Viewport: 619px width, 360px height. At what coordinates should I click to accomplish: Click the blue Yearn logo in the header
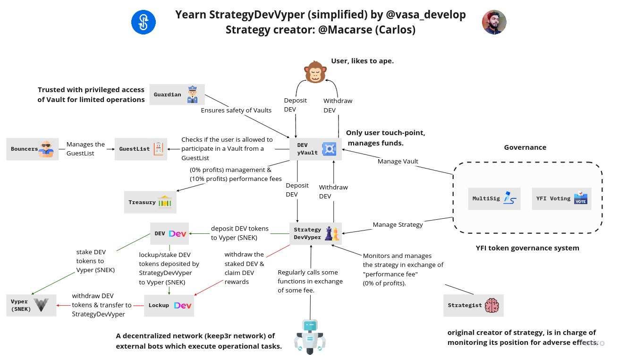[143, 22]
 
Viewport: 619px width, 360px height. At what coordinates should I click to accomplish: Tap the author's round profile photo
[494, 22]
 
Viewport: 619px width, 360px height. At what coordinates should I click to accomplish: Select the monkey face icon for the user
[316, 71]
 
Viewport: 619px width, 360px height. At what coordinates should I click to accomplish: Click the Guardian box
[177, 94]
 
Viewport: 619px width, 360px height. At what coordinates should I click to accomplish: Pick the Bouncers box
[33, 149]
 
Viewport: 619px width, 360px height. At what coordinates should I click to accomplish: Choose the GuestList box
[141, 149]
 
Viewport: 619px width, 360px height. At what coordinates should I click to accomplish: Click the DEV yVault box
[315, 149]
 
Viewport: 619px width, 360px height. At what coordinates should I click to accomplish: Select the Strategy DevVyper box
[315, 233]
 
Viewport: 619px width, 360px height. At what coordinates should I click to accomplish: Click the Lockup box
[169, 305]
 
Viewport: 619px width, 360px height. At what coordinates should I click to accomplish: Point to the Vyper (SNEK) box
[31, 305]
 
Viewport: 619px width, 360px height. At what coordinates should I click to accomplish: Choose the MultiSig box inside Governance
[494, 198]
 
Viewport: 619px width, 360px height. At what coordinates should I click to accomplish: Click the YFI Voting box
[561, 198]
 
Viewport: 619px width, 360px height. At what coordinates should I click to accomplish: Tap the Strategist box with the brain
[474, 305]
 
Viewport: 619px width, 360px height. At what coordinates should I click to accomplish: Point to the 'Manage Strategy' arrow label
[398, 224]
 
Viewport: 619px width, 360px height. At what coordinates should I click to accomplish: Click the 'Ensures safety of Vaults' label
[236, 111]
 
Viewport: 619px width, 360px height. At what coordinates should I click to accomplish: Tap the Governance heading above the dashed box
[525, 147]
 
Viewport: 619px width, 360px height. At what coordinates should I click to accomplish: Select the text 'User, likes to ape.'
[362, 61]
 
